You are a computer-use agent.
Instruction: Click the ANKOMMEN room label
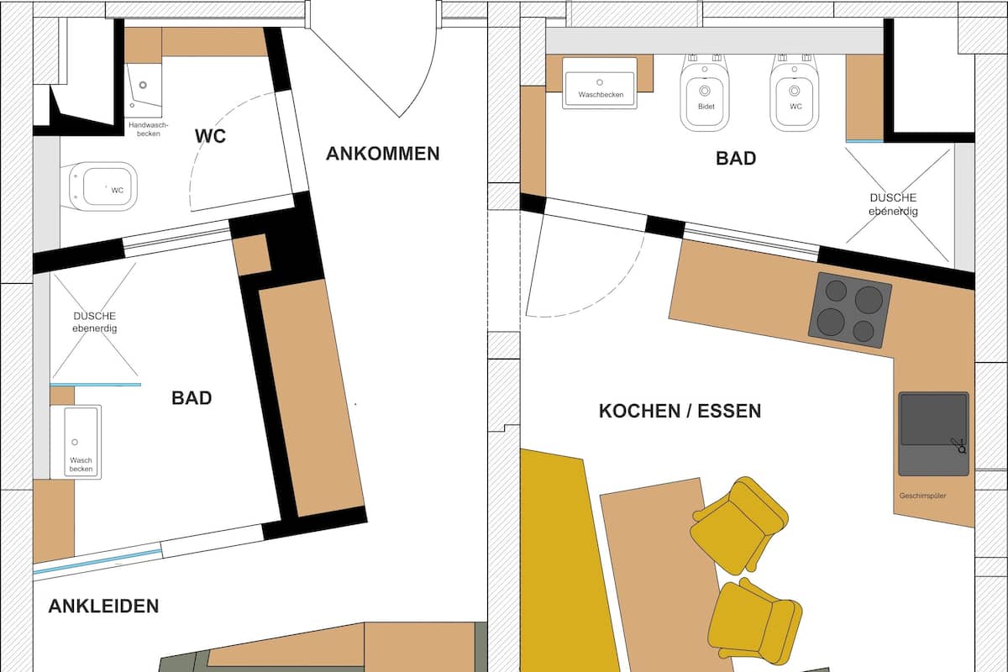[x=382, y=154]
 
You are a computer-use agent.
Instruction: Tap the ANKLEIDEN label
[x=103, y=606]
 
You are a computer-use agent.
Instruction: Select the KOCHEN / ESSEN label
[x=680, y=411]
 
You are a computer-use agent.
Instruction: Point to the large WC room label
[x=210, y=136]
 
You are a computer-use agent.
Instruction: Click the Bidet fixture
[x=705, y=92]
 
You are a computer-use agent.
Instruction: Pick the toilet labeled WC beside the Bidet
[x=795, y=92]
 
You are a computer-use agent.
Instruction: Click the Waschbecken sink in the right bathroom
[x=600, y=83]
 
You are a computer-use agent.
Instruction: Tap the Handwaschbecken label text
[x=148, y=129]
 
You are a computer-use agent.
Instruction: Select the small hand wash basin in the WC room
[x=143, y=91]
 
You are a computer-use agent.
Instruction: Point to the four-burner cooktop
[x=849, y=310]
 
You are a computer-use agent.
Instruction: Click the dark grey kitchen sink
[x=933, y=434]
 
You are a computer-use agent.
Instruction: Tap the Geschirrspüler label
[x=922, y=496]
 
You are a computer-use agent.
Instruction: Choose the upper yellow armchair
[x=739, y=525]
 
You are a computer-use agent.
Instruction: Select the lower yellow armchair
[x=755, y=622]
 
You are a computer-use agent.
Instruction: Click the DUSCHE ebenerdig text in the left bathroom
[x=94, y=323]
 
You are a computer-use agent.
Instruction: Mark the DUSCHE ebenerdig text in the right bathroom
[x=893, y=204]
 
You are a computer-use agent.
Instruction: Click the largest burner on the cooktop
[x=869, y=299]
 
